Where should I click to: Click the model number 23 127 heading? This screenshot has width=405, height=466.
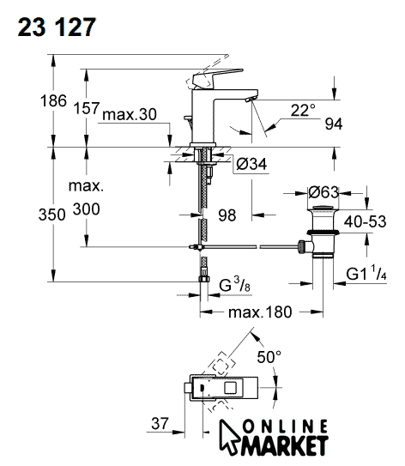(x=57, y=27)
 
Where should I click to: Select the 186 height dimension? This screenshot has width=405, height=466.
(x=53, y=100)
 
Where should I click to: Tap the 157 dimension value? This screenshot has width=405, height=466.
(x=87, y=108)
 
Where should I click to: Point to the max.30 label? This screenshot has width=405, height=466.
(x=130, y=114)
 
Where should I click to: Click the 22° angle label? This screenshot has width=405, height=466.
(x=303, y=110)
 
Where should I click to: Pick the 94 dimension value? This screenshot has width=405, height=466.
(x=334, y=124)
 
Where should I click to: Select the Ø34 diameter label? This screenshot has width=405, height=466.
(x=251, y=164)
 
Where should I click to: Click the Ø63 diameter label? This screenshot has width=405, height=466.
(x=323, y=192)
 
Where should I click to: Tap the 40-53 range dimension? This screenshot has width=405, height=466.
(x=366, y=221)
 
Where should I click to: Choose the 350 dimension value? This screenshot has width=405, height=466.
(x=52, y=215)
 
